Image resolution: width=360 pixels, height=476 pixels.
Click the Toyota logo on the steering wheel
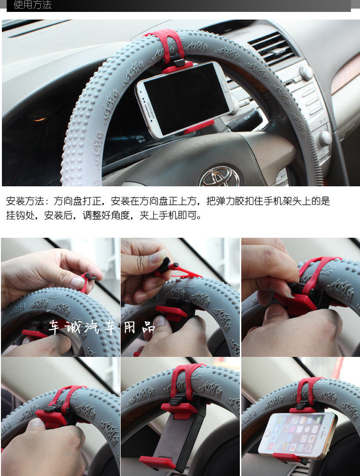[220, 177]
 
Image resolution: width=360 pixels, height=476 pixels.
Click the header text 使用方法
[32, 5]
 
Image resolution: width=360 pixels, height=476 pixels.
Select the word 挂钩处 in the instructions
[20, 215]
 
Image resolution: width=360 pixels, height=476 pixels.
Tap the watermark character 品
[149, 327]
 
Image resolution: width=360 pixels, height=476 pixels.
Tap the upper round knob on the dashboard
[306, 73]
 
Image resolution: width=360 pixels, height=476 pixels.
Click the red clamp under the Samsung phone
[199, 127]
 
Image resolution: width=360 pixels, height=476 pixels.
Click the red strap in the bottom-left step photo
[67, 398]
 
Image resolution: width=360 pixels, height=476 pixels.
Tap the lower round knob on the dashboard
[325, 138]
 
